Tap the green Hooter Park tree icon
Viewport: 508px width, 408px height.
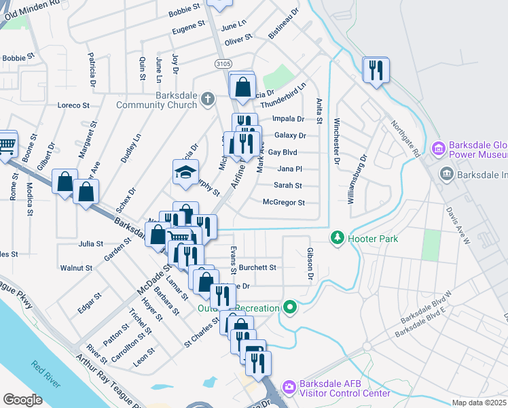[336, 238]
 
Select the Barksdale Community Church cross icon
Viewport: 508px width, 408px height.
[211, 100]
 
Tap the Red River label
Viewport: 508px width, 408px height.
[46, 374]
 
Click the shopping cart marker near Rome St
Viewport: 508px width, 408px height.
[5, 145]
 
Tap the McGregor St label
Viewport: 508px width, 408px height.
[284, 203]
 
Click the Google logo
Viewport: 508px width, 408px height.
[22, 399]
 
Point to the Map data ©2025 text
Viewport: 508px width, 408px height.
[479, 403]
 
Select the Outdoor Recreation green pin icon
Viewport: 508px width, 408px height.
[291, 307]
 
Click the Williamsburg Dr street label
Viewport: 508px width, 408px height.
[357, 179]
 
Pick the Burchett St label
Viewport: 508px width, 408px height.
[257, 268]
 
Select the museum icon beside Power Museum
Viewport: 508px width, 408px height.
[438, 147]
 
